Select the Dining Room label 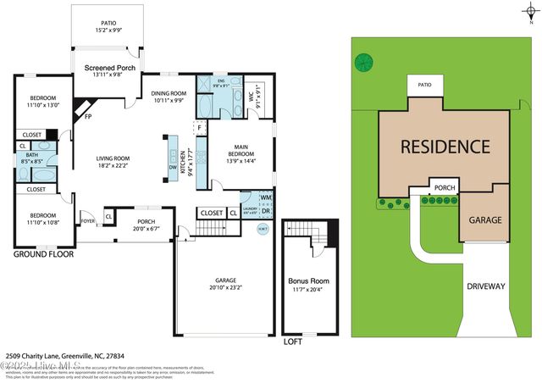[x=168, y=94]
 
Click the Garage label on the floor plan [x=225, y=280]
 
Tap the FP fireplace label [x=87, y=117]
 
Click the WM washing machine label [x=265, y=197]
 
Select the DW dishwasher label [x=173, y=167]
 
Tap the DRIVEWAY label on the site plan [x=485, y=286]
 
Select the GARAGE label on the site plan [x=485, y=220]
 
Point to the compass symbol [x=529, y=12]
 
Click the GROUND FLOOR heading [x=43, y=253]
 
